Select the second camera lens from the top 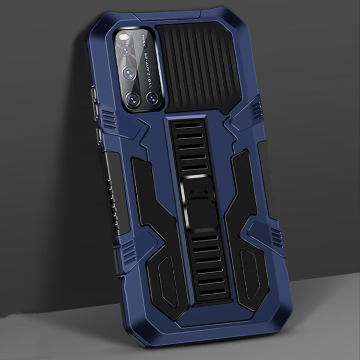tap(129, 73)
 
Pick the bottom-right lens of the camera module tap(153, 98)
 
